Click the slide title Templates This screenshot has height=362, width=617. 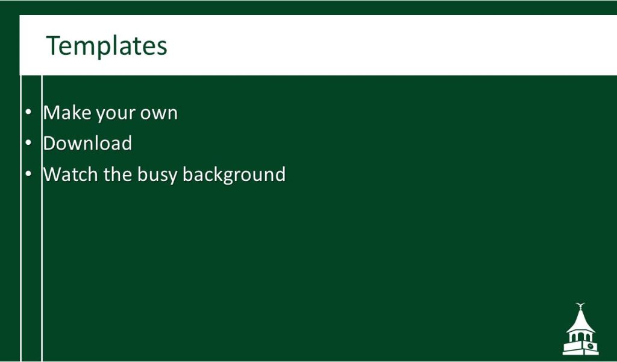(107, 46)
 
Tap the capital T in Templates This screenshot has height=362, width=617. (53, 45)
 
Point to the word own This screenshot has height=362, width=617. (159, 113)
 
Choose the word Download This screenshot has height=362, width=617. (87, 144)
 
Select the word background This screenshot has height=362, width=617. (234, 175)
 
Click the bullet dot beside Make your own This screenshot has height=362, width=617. (28, 112)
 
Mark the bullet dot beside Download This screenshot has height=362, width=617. (28, 143)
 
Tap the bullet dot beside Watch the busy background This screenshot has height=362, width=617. (28, 174)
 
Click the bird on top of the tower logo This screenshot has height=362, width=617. (580, 305)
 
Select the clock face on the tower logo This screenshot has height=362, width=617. (590, 346)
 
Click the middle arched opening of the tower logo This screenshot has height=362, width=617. (580, 337)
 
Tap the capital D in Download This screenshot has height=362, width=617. (50, 144)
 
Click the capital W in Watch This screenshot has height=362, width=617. (54, 174)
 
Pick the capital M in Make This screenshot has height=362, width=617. (52, 113)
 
